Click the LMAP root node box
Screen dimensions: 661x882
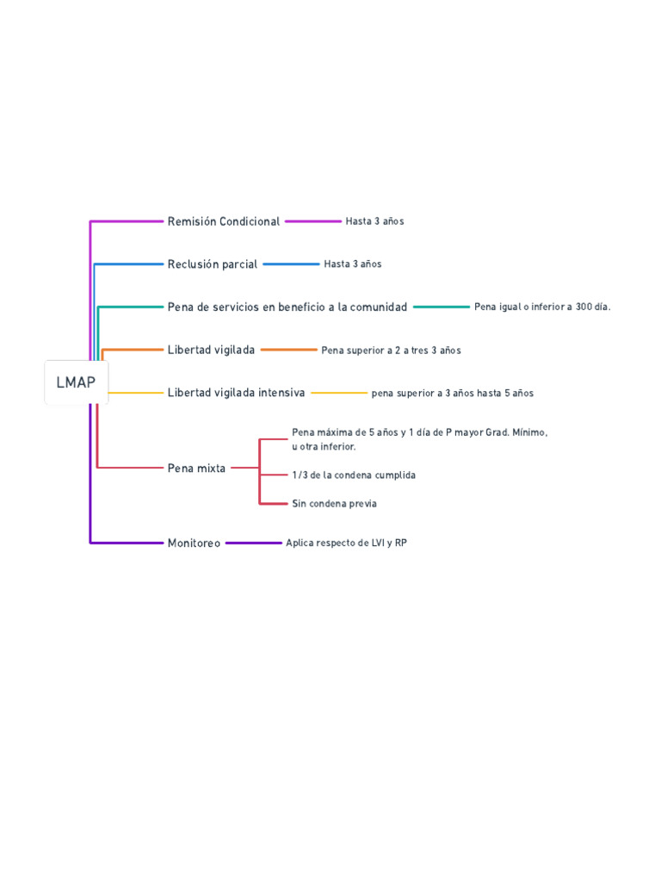[x=76, y=382]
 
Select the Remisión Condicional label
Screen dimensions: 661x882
[x=224, y=221]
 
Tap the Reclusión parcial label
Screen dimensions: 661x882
[x=213, y=264]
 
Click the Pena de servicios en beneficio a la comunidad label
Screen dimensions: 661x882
[x=287, y=307]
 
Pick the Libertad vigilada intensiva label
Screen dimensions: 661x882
[x=236, y=393]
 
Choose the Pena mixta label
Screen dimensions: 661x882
[x=196, y=469]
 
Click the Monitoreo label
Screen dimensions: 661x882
[x=194, y=543]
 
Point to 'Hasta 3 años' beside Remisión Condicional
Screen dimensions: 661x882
[x=374, y=221]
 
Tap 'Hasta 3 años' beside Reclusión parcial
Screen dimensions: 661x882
[x=353, y=264]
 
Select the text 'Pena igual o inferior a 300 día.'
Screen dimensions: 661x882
[x=542, y=307]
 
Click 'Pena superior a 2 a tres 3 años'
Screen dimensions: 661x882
[x=391, y=351]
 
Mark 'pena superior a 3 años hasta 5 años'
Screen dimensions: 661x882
[x=453, y=394]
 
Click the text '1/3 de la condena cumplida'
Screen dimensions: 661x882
[x=354, y=475]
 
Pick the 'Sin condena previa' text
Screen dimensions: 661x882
[x=334, y=504]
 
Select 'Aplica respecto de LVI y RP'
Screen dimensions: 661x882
[x=346, y=543]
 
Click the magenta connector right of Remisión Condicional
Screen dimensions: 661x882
[x=312, y=221]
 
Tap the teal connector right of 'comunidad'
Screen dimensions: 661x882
[x=441, y=307]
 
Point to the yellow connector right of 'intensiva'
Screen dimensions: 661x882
[x=338, y=393]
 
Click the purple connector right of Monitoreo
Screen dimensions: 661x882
[x=253, y=543]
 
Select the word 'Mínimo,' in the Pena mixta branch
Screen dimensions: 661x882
[x=529, y=432]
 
